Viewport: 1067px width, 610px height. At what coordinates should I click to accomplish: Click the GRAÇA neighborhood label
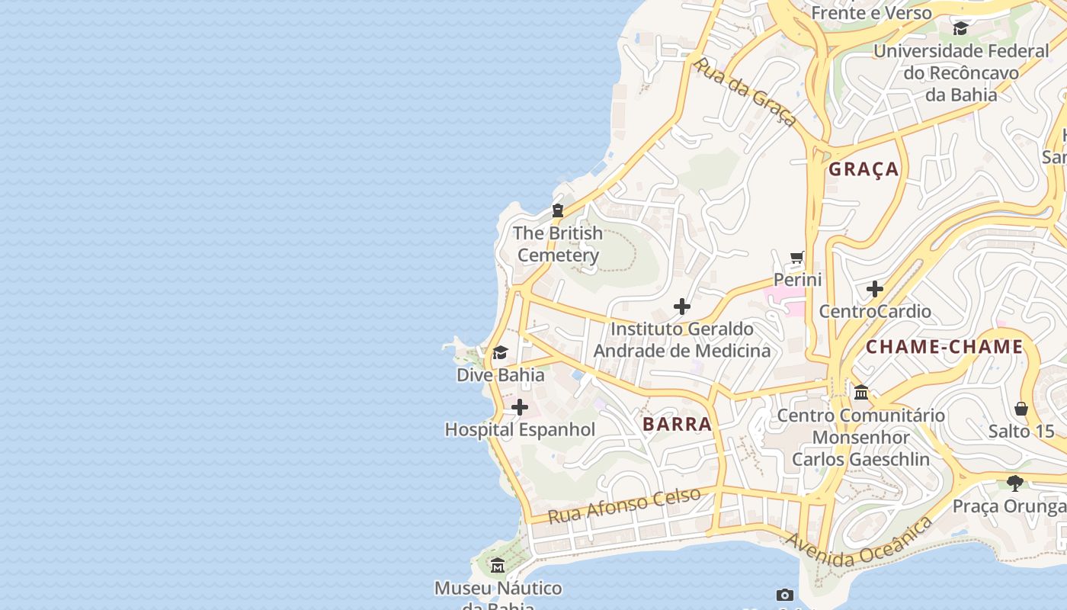point(864,169)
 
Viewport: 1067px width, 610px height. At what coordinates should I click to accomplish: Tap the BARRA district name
point(677,425)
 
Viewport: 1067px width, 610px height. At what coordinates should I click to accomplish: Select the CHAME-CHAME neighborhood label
point(944,347)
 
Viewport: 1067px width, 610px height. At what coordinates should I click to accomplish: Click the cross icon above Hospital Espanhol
point(520,407)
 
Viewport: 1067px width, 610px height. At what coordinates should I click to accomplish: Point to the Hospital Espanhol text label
point(520,430)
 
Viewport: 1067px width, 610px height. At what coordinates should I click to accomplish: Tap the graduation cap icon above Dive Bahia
point(500,352)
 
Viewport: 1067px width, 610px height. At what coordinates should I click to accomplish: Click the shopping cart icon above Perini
point(797,258)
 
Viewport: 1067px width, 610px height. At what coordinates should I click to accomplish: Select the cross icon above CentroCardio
point(875,289)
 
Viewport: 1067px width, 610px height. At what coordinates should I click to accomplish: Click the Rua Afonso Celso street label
point(624,506)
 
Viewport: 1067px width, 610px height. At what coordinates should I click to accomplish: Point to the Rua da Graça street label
point(745,92)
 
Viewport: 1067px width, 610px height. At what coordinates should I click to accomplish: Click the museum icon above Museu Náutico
point(498,566)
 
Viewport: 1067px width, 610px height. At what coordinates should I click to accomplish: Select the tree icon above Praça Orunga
point(1014,483)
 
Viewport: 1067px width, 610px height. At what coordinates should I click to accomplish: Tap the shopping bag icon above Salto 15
point(1021,409)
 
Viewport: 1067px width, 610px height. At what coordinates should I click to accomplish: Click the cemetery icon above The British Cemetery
point(558,210)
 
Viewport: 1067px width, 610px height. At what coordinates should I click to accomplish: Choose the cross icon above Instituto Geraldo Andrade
point(682,307)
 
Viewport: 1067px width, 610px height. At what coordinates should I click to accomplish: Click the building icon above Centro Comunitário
point(861,393)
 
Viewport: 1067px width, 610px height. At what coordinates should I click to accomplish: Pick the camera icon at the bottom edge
point(785,595)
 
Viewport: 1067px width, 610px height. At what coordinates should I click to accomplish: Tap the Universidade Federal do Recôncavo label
point(960,73)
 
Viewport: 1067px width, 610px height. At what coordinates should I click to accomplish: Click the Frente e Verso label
point(871,13)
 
